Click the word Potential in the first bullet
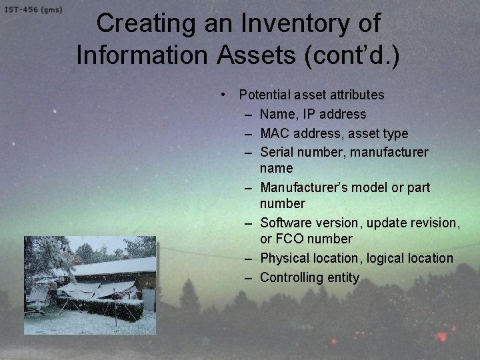click(x=265, y=95)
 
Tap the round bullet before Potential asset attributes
click(x=227, y=95)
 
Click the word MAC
click(x=275, y=134)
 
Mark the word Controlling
click(x=292, y=277)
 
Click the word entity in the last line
click(x=343, y=277)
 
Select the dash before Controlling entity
click(x=247, y=277)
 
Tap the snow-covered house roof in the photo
click(x=117, y=267)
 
